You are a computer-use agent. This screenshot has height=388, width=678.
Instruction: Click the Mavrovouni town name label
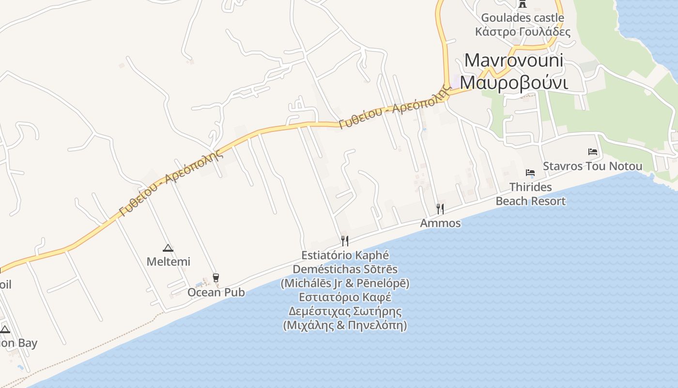tap(514, 61)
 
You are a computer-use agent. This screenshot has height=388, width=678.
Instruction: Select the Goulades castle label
tap(522, 18)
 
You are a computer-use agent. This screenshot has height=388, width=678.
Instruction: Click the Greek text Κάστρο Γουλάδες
tap(523, 32)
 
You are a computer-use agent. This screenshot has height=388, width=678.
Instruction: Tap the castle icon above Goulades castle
tap(522, 4)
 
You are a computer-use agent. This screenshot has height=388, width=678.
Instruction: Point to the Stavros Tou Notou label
tap(592, 166)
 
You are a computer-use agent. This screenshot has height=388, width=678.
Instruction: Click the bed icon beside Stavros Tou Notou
tap(592, 152)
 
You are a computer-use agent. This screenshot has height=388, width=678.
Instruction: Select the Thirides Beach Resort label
tap(530, 194)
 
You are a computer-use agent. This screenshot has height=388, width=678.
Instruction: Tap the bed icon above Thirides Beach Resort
tap(530, 173)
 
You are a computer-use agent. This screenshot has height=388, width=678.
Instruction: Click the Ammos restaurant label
tap(440, 223)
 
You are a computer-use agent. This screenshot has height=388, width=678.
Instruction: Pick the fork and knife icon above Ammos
tap(440, 209)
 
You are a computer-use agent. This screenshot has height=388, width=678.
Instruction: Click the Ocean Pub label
tap(216, 292)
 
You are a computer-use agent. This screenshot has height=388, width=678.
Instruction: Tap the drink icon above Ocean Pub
tap(216, 278)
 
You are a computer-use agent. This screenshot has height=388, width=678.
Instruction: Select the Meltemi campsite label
tap(168, 262)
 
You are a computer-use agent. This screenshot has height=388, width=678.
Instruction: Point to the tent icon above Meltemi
tap(168, 248)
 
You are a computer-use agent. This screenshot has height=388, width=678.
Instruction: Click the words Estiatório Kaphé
tap(345, 255)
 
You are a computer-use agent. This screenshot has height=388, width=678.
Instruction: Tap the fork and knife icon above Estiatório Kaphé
tap(345, 241)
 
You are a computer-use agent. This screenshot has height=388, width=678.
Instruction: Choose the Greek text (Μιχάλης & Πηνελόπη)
tap(345, 325)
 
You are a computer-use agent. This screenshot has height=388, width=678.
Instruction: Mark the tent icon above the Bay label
tap(5, 330)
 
